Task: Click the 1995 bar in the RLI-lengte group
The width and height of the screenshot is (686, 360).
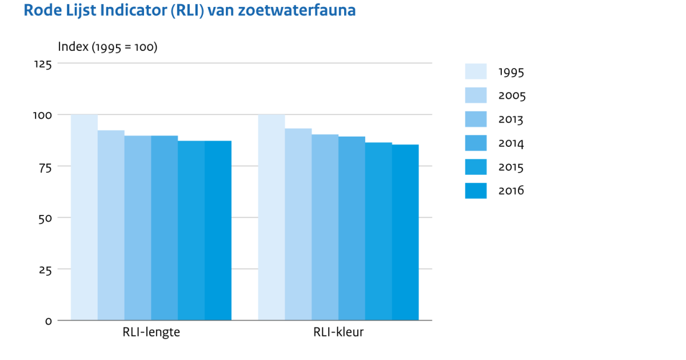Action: coord(84,217)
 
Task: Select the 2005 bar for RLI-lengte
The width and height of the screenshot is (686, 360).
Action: coord(111,225)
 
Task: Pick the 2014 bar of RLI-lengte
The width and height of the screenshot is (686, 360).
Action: coord(165,228)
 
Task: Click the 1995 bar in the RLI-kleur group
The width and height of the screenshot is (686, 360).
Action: coord(272,217)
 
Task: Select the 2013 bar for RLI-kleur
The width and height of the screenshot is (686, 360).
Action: coord(325,227)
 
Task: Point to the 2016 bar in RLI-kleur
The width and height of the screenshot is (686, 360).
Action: coord(405,232)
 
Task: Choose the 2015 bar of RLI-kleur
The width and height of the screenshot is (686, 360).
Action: coord(378,231)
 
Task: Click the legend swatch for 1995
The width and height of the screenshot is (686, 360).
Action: coord(476,71)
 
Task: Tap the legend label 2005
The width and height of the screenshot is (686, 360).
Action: coord(512,95)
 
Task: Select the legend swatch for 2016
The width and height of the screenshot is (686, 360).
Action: coord(476,191)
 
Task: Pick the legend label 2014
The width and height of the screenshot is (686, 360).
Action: coord(511,143)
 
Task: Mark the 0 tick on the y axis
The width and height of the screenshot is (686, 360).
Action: coord(49,321)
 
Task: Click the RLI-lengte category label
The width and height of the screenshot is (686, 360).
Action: coord(151,333)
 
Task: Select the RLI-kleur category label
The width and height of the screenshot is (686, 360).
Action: coord(338,333)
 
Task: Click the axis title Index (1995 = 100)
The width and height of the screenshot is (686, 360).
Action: coord(107,47)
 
